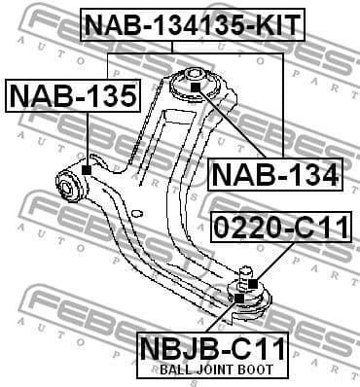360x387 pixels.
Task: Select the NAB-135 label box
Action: tap(73, 95)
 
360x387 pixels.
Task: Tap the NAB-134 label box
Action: tap(275, 175)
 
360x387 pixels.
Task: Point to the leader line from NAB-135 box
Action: tap(88, 136)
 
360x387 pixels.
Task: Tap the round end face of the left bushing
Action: tap(68, 182)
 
